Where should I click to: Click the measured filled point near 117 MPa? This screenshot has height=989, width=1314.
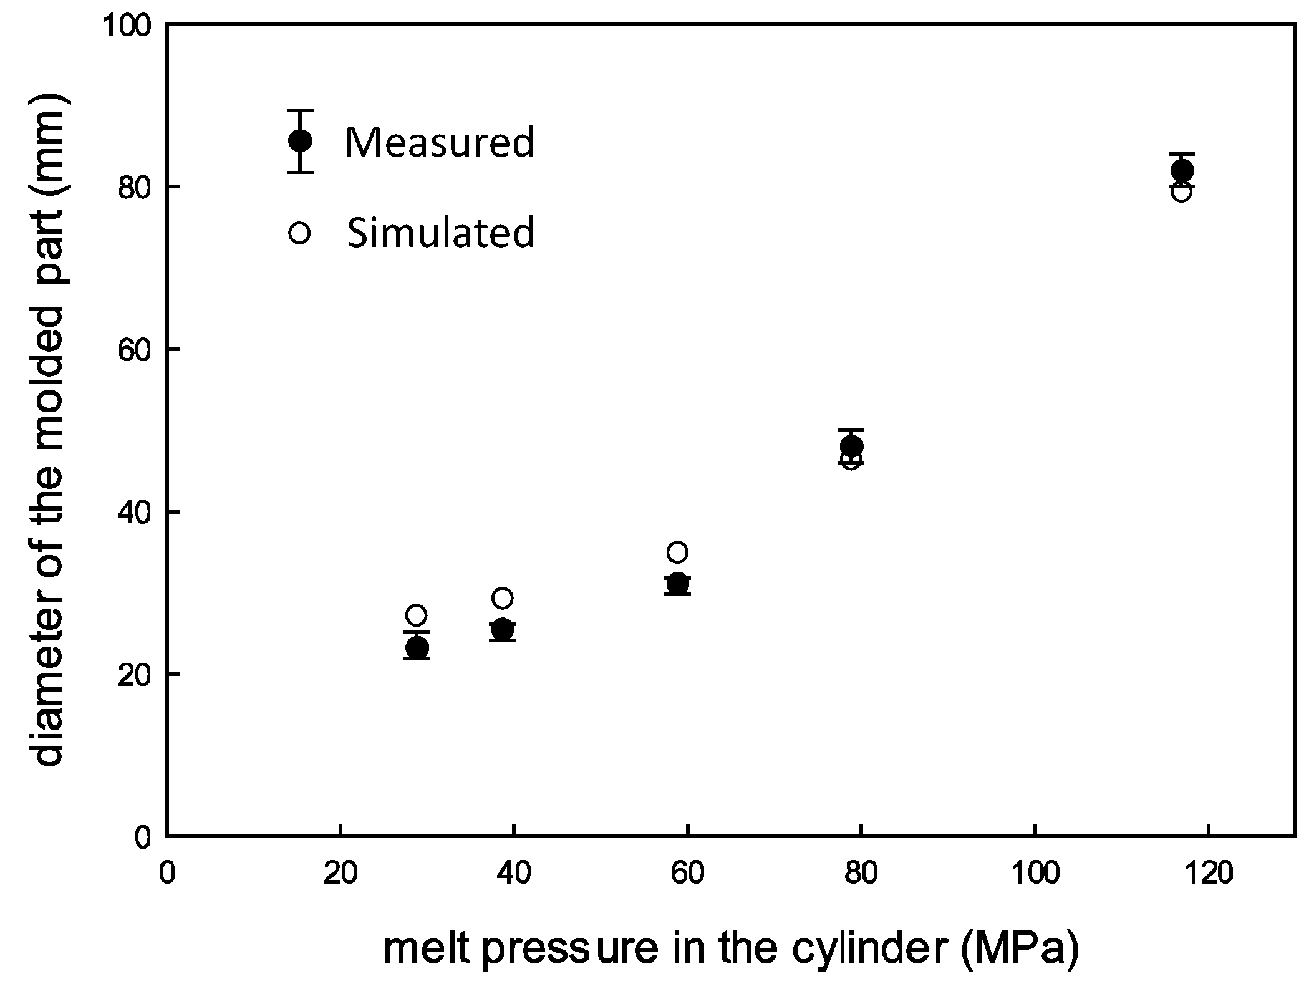click(1182, 170)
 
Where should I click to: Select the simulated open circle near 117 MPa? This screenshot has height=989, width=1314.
click(1182, 193)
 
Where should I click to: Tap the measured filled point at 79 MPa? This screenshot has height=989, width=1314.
click(851, 446)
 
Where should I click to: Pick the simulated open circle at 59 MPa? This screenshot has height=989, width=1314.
click(677, 552)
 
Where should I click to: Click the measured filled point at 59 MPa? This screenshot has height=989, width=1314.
click(677, 584)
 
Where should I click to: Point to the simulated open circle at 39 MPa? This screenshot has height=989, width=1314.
click(502, 598)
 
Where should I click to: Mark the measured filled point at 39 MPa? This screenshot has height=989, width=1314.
click(502, 630)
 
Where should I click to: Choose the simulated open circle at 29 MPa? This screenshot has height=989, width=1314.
click(416, 615)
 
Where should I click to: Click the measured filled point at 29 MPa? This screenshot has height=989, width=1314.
click(417, 648)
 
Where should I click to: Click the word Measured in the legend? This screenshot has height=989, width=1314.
click(440, 142)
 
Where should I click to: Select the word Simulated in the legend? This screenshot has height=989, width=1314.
click(440, 233)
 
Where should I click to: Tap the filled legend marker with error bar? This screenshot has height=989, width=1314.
click(300, 141)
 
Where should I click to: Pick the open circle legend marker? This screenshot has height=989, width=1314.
click(299, 233)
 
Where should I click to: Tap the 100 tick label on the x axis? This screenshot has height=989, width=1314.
click(1035, 874)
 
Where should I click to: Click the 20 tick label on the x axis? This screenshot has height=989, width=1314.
click(340, 874)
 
